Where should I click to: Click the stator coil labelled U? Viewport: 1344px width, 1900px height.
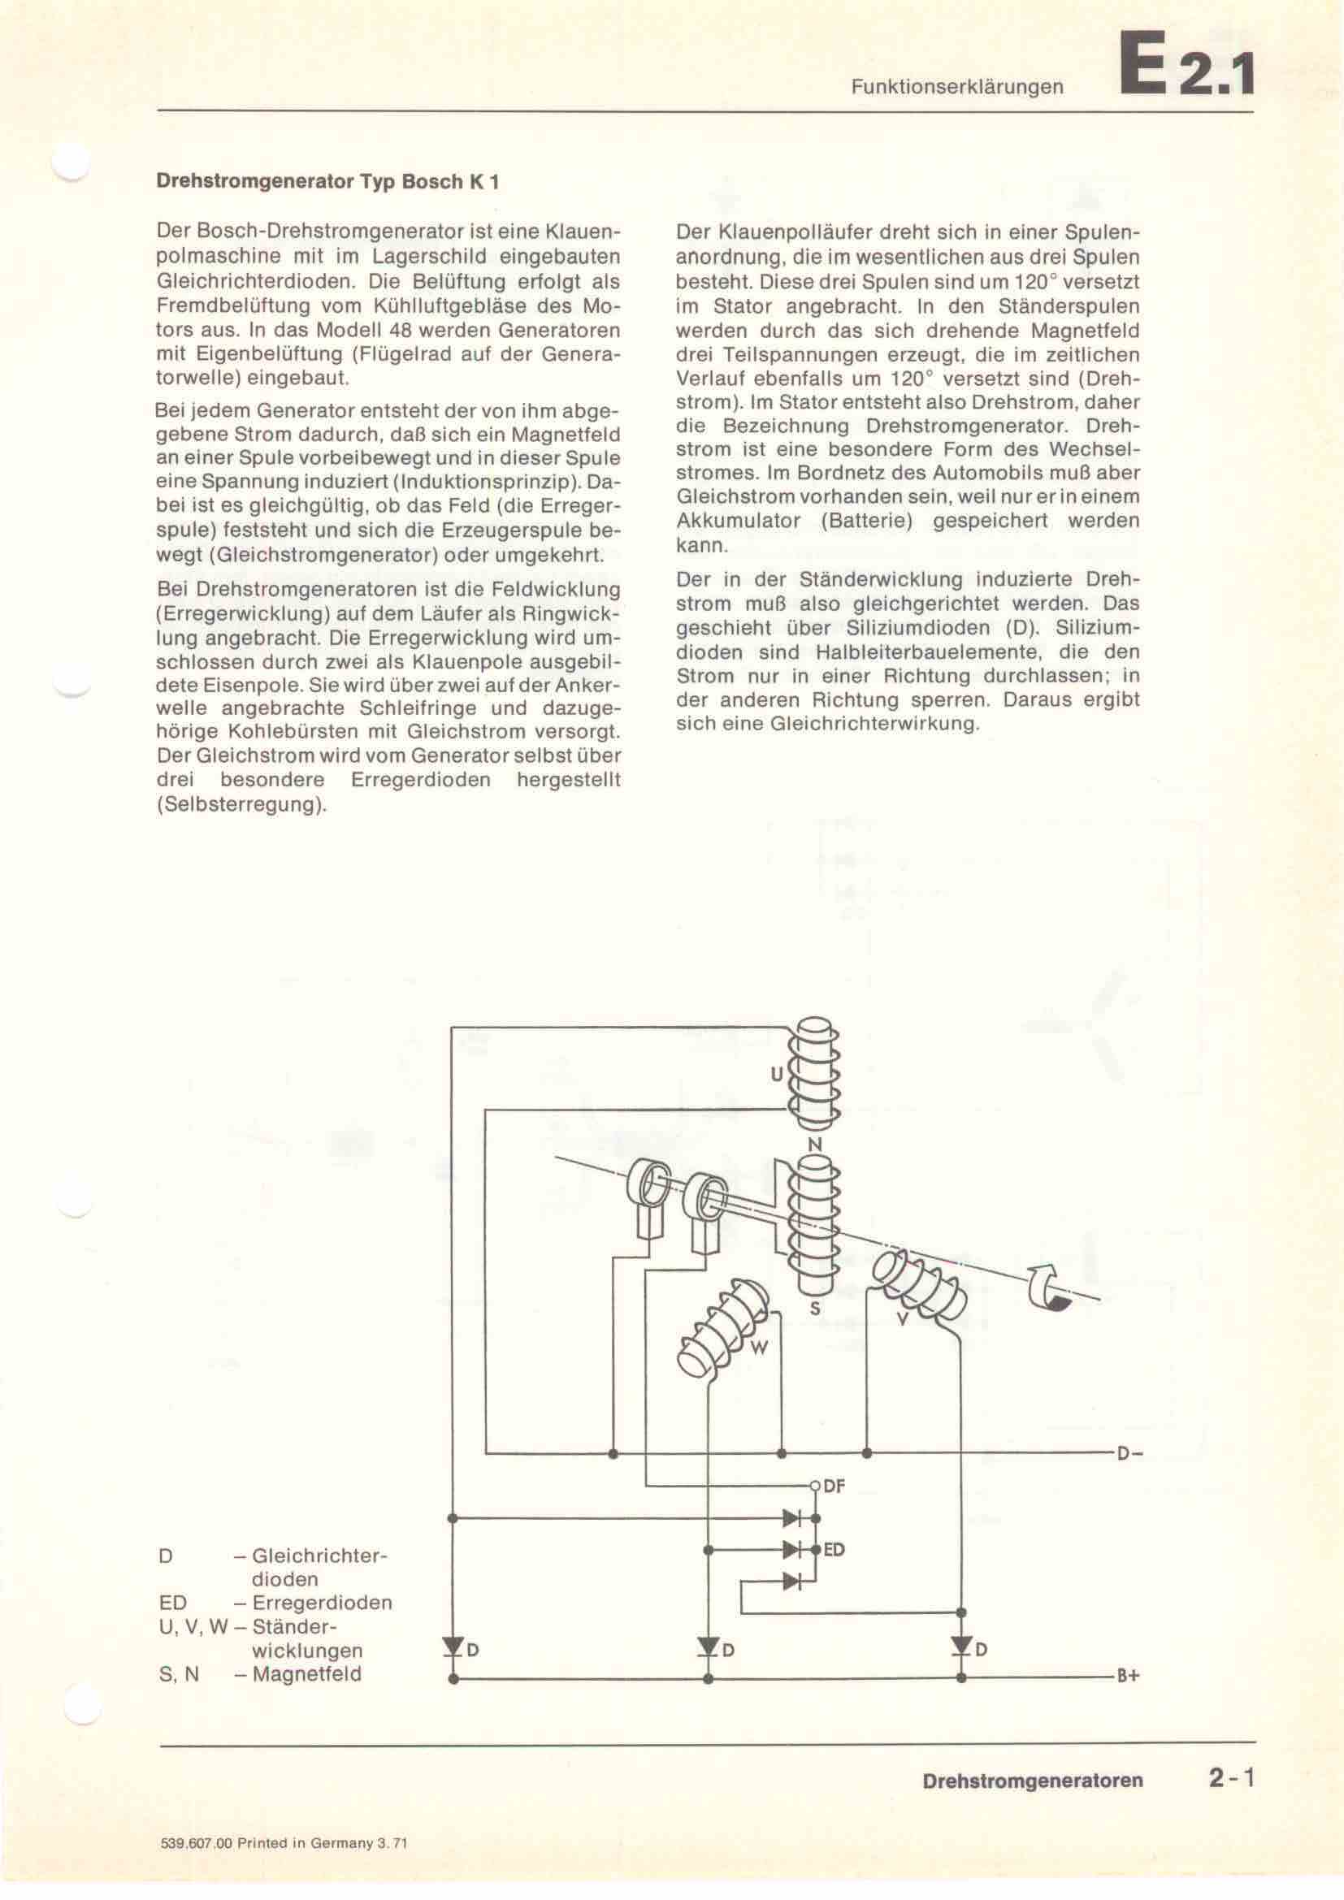pos(815,1076)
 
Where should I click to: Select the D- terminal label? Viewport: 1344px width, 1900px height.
pos(1129,1453)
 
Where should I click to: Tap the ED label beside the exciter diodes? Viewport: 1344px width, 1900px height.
pos(834,1550)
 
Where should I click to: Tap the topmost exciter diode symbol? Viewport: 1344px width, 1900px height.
pos(792,1518)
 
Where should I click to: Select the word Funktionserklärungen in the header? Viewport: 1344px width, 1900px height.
pos(956,86)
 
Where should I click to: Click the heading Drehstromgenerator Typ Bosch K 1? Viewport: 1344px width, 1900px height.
pos(327,181)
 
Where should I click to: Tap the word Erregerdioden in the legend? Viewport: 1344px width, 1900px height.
pos(322,1602)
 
